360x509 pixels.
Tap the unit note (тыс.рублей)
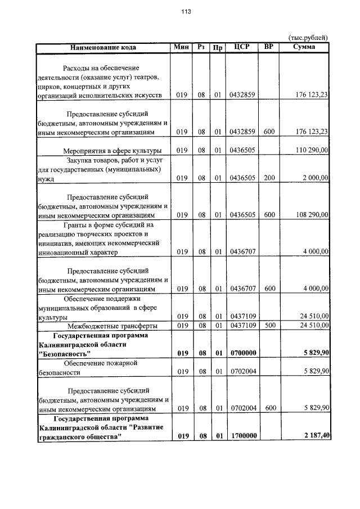308,37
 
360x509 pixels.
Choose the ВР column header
269,47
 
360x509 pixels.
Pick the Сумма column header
304,47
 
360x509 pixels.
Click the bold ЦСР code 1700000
243,436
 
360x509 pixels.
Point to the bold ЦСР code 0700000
243,353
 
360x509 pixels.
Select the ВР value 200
269,178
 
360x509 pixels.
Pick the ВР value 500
269,325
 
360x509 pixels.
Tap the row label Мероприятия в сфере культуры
112,150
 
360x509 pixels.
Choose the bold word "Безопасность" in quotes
64,354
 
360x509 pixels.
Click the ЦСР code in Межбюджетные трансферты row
243,325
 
